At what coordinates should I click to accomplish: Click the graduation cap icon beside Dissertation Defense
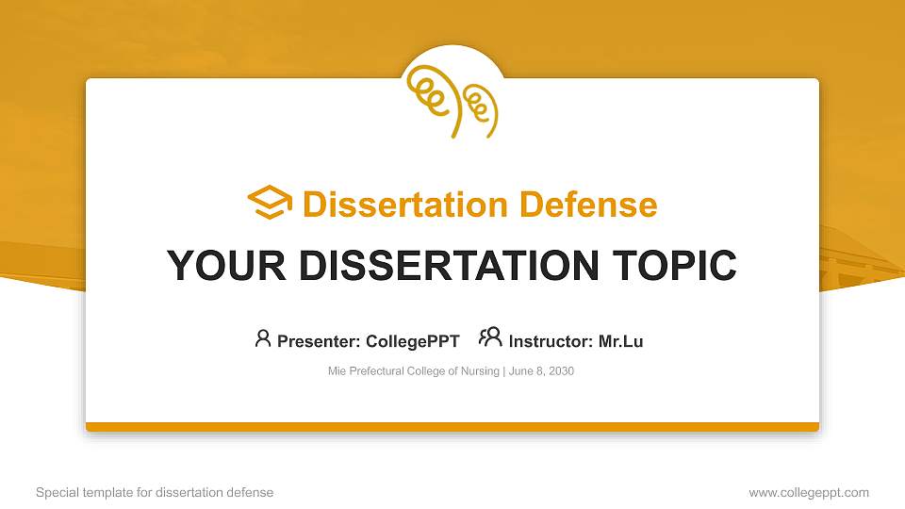pos(270,202)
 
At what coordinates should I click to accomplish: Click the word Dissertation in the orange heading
pos(405,205)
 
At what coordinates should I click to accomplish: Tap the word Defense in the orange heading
pos(588,205)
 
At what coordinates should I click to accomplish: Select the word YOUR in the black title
pos(226,266)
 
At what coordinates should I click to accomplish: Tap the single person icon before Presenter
pos(263,338)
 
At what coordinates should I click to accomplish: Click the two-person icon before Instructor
pos(490,337)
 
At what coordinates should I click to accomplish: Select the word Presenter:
pos(319,341)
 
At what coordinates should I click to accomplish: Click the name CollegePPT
pos(413,341)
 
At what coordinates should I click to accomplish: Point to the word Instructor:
pos(551,341)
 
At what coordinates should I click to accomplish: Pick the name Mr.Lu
pos(621,341)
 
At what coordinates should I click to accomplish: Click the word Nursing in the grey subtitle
pos(480,371)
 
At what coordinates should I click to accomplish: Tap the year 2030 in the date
pos(562,371)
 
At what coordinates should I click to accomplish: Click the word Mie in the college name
pos(337,371)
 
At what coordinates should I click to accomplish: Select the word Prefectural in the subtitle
pos(376,371)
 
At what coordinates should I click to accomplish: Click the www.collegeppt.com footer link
pos(809,493)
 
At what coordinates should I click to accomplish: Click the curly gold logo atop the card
pos(452,102)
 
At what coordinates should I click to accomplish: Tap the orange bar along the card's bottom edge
pos(452,427)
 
